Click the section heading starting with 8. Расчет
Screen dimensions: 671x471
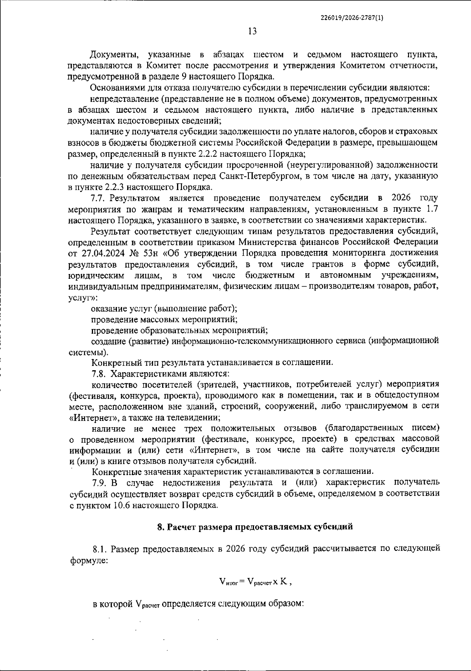click(x=255, y=527)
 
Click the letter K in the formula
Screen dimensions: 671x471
click(x=283, y=582)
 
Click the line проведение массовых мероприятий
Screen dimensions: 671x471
click(x=164, y=319)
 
